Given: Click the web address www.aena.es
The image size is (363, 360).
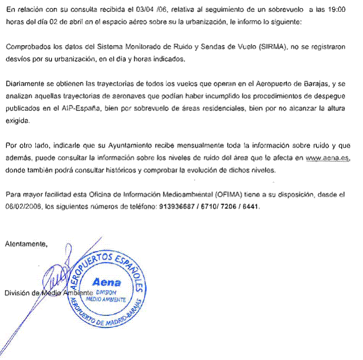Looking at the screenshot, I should tap(328, 158).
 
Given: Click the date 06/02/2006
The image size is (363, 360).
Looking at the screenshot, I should tap(22, 206).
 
